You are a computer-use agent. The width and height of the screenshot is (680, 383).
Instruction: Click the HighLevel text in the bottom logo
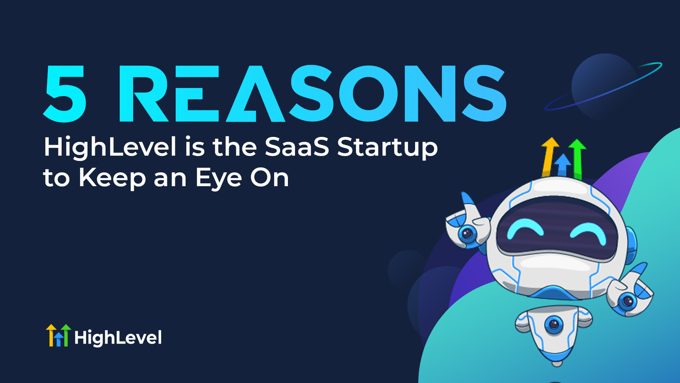click(118, 338)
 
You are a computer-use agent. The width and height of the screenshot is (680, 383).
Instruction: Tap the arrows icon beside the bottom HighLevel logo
click(58, 335)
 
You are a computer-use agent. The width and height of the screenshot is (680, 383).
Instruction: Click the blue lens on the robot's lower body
click(553, 325)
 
